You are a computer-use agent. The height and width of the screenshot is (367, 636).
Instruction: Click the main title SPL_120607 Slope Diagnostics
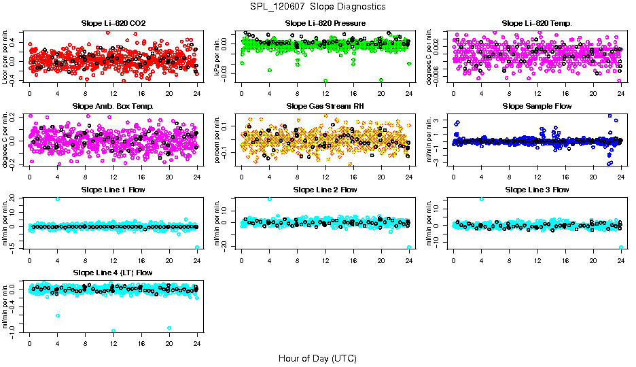tap(317, 6)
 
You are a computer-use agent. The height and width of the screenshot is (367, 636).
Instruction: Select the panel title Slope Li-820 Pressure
tap(325, 23)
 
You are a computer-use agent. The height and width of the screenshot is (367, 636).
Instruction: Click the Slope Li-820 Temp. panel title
tap(537, 23)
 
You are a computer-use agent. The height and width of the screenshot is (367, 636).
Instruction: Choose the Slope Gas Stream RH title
tap(325, 106)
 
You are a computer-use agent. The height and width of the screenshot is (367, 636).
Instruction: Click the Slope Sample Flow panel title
tap(537, 106)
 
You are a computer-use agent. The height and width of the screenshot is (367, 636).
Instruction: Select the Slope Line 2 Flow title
tap(325, 190)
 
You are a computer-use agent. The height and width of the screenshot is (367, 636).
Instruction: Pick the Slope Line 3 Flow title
tap(537, 190)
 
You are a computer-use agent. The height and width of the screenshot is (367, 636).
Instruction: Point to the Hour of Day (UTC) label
tap(317, 358)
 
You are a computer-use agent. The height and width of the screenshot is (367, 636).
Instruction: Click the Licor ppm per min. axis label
tap(6, 56)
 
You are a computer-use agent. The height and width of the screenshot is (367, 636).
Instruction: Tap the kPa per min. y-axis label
tap(218, 56)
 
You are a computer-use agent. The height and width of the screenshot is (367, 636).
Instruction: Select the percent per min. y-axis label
tap(218, 139)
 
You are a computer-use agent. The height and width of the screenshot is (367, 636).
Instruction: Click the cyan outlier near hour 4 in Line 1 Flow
tap(58, 199)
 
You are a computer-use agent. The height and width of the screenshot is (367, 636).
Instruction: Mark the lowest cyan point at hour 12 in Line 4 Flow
tap(113, 331)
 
